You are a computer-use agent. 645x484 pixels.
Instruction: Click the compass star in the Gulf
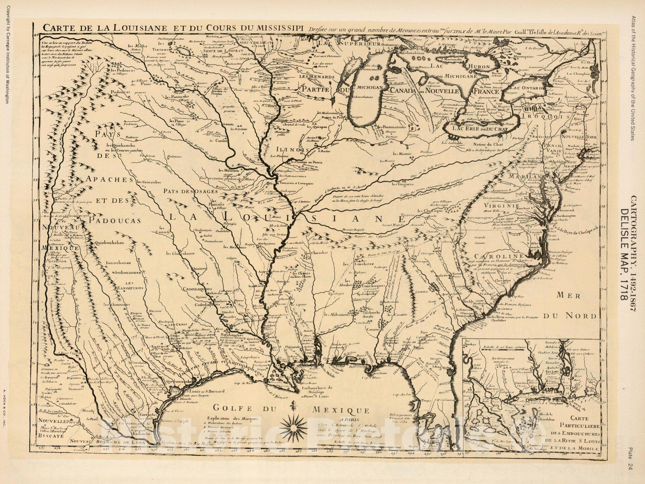(x=297, y=424)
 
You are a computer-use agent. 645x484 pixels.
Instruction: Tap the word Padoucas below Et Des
(x=115, y=220)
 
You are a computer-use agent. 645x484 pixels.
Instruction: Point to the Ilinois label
(x=284, y=150)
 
